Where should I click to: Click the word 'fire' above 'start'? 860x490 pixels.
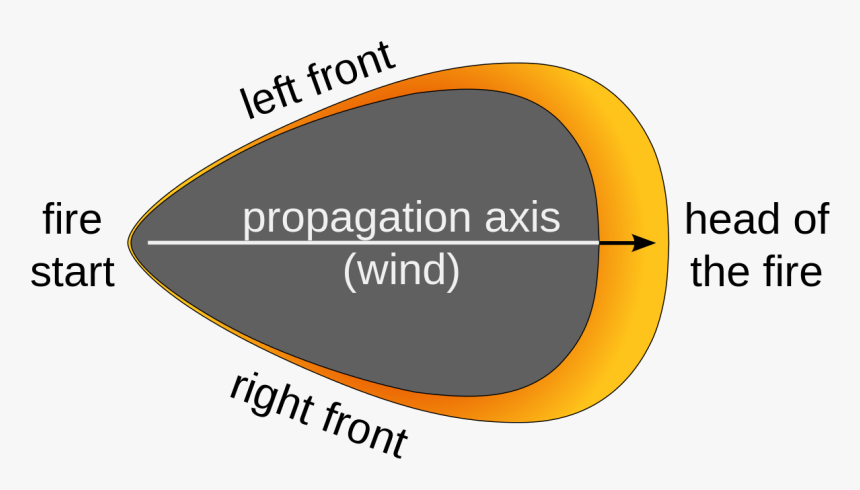tap(71, 219)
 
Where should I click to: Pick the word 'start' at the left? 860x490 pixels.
tap(73, 272)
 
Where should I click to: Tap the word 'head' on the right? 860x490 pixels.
tap(733, 219)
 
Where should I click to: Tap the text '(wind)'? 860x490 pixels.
tap(401, 271)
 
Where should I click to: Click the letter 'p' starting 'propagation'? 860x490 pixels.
tap(254, 223)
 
